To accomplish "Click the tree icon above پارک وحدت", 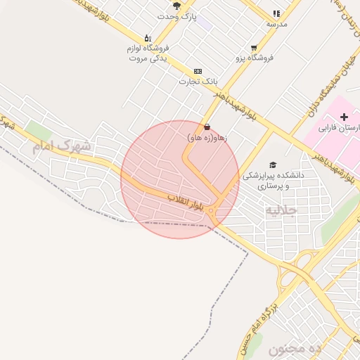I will [176, 6].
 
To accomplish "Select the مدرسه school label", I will [276, 24].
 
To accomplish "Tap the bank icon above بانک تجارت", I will [197, 71].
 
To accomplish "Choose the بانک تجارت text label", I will [195, 82].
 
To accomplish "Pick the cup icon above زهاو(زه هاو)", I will [207, 127].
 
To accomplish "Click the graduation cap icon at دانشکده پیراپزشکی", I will [273, 164].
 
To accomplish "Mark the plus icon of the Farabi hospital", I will [344, 116].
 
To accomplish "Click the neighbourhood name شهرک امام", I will [62, 146].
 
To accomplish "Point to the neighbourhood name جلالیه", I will [281, 210].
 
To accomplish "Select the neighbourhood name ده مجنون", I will [294, 349].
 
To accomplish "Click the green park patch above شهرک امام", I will [38, 130].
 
